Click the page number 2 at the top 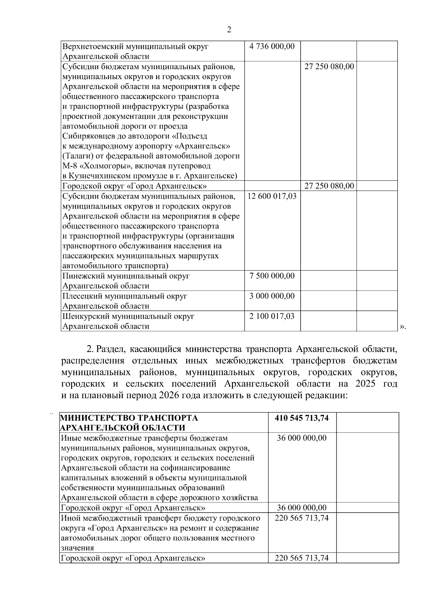[x=229, y=30]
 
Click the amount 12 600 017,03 [x=272, y=196]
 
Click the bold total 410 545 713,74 [x=302, y=418]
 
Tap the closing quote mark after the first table [x=402, y=326]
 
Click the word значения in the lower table [x=77, y=548]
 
